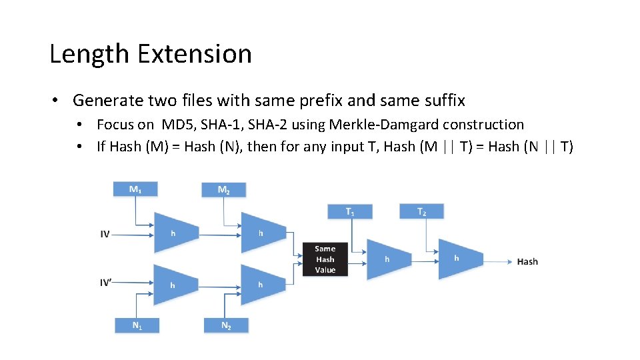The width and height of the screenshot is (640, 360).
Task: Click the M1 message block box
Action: point(135,190)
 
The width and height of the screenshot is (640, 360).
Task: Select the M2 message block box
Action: point(224,190)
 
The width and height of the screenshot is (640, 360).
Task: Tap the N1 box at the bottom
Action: point(137,326)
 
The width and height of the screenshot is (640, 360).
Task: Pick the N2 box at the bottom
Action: point(226,326)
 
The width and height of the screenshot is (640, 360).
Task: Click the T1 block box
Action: point(350,211)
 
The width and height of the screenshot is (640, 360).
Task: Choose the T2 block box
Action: point(421,211)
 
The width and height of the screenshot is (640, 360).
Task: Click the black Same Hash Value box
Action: point(325,259)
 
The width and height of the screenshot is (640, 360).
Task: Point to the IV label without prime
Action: point(105,235)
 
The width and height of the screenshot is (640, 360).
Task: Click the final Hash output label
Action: point(527,261)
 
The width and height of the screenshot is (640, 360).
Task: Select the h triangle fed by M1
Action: point(175,233)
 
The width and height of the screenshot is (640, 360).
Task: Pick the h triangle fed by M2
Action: point(262,233)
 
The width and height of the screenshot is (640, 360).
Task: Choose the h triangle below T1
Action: point(388,259)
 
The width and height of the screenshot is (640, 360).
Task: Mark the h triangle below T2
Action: point(458,258)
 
